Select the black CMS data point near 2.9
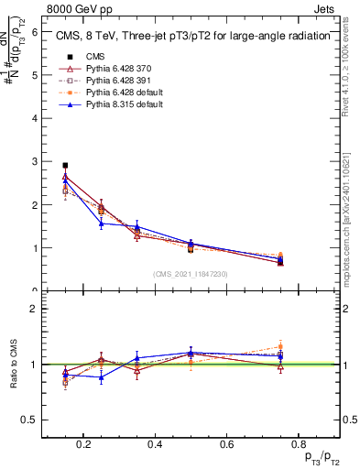tap(65, 166)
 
